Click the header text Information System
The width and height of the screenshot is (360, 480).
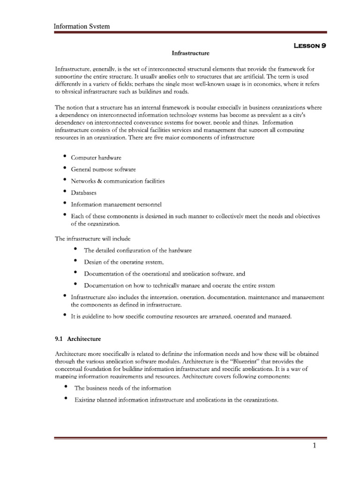coord(82,26)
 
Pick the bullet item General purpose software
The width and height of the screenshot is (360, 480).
coord(103,169)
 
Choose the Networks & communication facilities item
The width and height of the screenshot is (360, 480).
coord(118,181)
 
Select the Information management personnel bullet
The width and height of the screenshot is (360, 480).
coord(116,204)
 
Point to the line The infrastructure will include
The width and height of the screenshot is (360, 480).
coord(93,239)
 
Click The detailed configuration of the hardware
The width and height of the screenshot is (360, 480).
coord(137,250)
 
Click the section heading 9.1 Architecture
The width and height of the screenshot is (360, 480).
coord(78,338)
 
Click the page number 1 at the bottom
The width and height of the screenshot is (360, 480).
coord(315,446)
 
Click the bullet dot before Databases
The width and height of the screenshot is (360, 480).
coord(64,191)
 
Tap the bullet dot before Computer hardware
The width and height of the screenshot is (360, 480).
coord(64,156)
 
